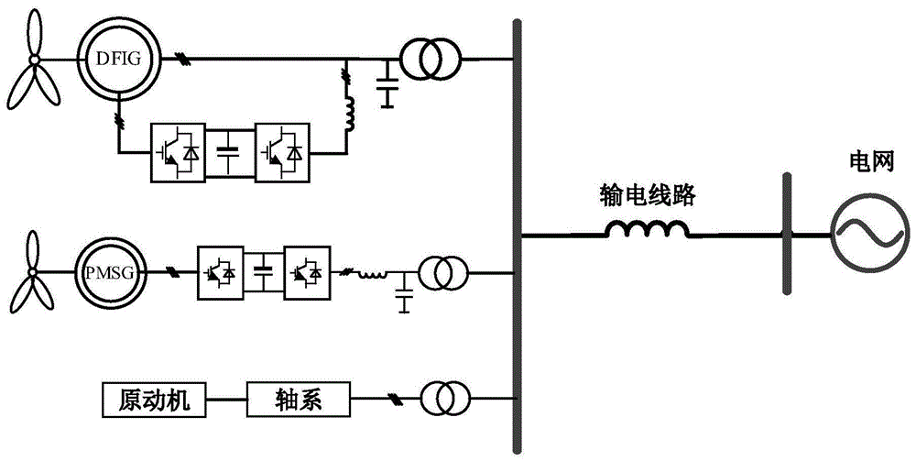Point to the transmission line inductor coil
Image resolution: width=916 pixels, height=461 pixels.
point(647,232)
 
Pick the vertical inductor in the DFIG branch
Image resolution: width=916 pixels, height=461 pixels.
point(348,111)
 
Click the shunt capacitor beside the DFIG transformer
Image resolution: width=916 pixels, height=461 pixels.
point(388,83)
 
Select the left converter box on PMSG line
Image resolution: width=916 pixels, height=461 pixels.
point(220,273)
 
